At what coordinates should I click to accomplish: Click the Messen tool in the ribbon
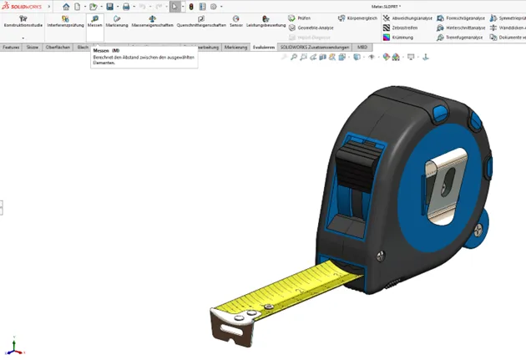(x=94, y=21)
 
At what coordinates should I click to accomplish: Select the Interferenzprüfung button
(x=64, y=21)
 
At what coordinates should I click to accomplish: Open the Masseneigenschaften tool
(x=152, y=21)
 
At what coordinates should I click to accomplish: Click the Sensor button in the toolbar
(x=236, y=21)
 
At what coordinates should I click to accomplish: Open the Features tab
(x=11, y=48)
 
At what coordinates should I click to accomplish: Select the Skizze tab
(x=33, y=48)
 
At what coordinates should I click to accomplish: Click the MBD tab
(x=362, y=48)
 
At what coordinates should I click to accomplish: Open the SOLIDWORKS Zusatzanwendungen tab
(x=316, y=48)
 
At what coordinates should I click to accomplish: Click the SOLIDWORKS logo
(x=23, y=6)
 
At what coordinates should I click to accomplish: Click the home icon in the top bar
(x=66, y=6)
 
